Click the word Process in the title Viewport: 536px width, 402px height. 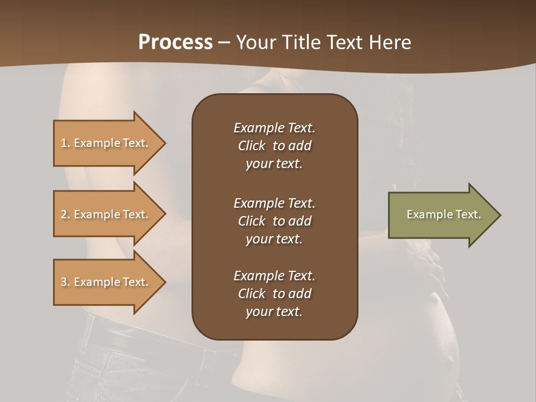175,42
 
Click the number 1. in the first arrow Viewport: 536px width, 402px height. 65,143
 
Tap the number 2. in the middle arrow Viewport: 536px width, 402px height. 65,214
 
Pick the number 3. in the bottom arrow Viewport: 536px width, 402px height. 65,282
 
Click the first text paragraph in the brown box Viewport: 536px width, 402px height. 274,146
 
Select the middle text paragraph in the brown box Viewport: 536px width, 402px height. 274,221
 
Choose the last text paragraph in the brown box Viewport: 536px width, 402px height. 274,294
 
